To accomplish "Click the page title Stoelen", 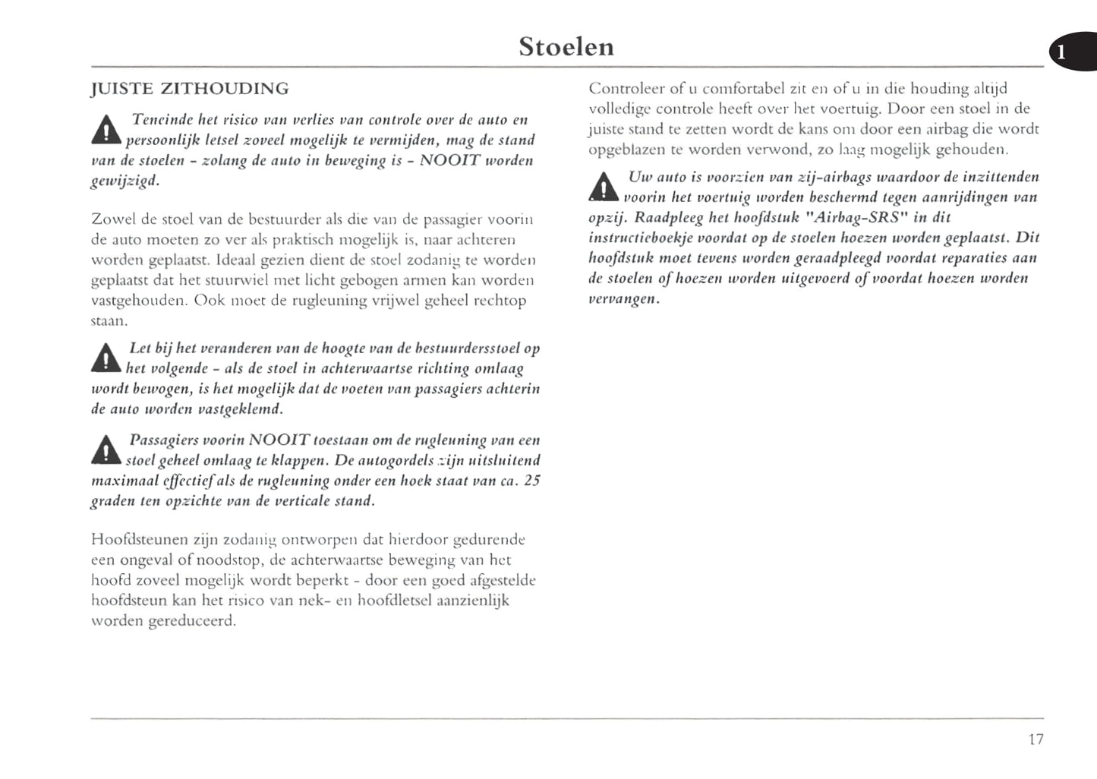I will pyautogui.click(x=566, y=47).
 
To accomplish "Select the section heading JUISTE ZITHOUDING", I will pyautogui.click(x=190, y=89).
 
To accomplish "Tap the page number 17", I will pyautogui.click(x=1036, y=739).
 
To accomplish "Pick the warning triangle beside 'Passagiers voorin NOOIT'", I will pyautogui.click(x=106, y=451).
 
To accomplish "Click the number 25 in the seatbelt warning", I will pyautogui.click(x=531, y=481).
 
